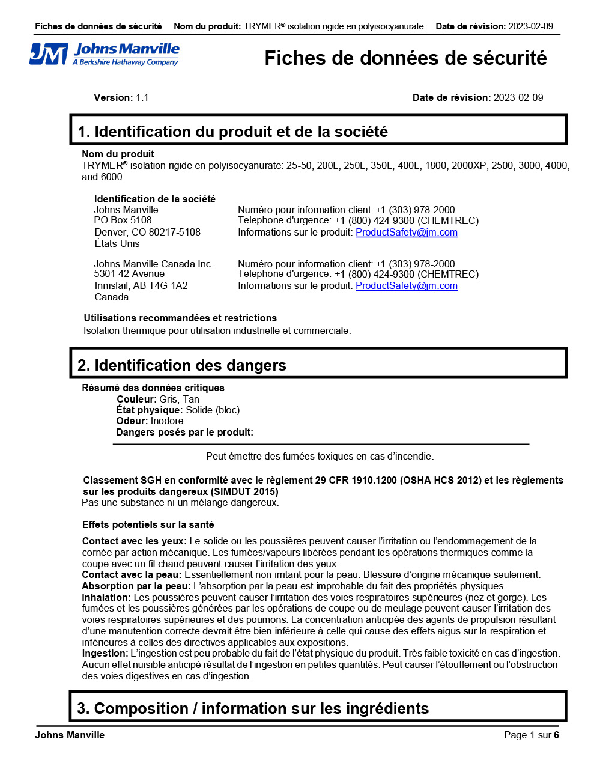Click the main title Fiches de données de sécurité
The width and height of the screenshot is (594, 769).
405,58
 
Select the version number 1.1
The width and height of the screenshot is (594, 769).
142,98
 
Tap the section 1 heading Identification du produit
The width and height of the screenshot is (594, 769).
232,132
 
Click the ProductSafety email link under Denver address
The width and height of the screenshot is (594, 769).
406,233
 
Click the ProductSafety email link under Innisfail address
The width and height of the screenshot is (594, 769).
406,286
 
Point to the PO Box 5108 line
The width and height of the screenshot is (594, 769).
123,220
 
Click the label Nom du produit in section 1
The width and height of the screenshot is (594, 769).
118,154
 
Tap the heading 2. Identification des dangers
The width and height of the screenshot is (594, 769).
182,365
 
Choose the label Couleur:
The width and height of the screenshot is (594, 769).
136,400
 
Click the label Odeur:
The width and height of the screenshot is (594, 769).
132,421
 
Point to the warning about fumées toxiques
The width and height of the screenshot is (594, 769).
320,457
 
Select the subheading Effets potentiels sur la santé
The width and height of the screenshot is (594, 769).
148,525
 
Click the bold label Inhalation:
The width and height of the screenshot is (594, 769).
106,598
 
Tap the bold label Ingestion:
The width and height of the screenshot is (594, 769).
105,654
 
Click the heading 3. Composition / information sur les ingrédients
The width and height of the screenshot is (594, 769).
253,709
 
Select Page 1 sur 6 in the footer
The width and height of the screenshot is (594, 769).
531,735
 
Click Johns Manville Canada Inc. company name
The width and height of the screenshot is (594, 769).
153,264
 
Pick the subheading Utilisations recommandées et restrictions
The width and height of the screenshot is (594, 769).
180,318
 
